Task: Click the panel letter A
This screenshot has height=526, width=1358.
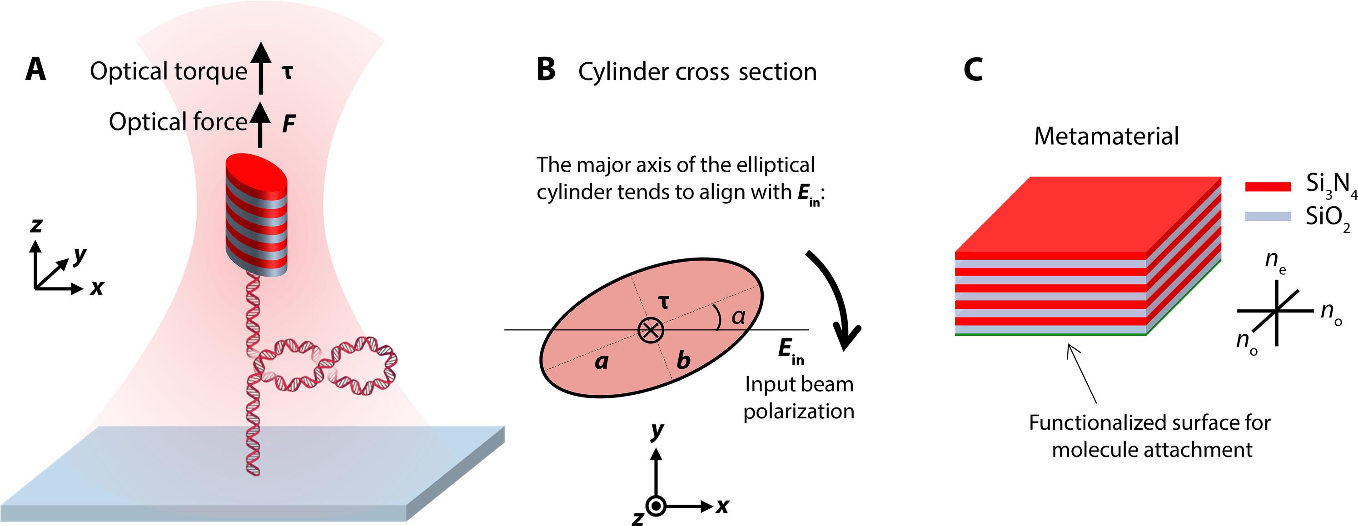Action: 35,70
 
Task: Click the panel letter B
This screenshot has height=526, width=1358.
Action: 546,70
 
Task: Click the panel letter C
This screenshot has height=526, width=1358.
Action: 973,70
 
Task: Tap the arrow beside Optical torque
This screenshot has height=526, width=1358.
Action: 260,69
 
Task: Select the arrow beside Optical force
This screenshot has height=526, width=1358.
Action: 259,124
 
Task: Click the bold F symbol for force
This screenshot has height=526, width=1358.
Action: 289,124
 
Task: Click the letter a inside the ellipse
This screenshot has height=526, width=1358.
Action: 602,362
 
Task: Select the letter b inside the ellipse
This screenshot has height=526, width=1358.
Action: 683,361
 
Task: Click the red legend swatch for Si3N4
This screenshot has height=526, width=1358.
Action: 1268,186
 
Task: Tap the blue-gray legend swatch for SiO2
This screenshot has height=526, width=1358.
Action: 1268,216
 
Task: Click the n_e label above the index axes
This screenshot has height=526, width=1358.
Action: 1275,261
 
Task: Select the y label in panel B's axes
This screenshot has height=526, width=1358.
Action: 657,430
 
